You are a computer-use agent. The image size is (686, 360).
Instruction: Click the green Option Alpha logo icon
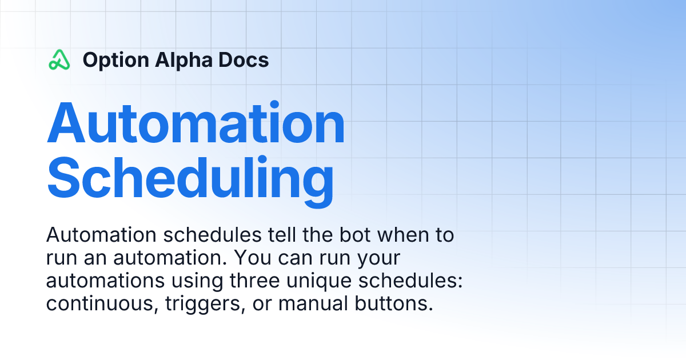click(x=59, y=59)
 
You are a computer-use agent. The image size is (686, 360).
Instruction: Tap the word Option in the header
click(x=115, y=61)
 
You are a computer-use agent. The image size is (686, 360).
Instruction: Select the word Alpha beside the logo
click(x=184, y=61)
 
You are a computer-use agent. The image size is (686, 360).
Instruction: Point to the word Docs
click(x=244, y=59)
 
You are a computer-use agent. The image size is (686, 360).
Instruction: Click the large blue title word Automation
click(x=196, y=122)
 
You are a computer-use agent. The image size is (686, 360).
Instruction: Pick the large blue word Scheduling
click(x=190, y=181)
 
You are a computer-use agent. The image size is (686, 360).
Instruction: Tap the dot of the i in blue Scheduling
click(x=262, y=159)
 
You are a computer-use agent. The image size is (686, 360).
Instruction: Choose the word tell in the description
click(x=282, y=235)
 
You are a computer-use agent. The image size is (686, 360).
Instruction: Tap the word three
click(x=255, y=281)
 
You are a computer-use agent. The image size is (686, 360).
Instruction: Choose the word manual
click(x=313, y=303)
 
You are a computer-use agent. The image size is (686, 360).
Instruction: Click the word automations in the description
click(x=105, y=281)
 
